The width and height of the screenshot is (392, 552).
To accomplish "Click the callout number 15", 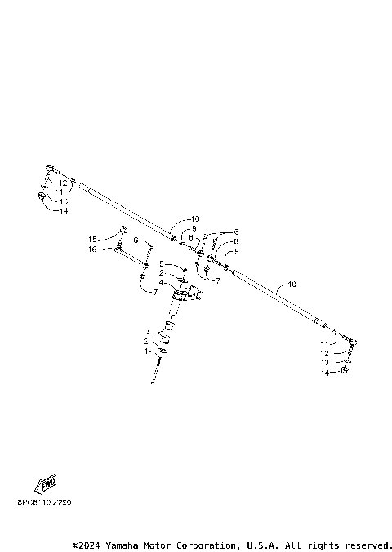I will (92, 239).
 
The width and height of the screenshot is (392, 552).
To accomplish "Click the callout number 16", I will (92, 250).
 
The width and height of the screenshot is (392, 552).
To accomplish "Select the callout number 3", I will (147, 331).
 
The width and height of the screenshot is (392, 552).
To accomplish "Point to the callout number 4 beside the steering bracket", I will (161, 283).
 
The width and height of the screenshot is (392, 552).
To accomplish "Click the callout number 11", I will (324, 345).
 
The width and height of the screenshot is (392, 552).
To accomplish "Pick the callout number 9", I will (194, 229).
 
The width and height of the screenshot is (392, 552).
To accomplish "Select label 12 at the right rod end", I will (324, 353).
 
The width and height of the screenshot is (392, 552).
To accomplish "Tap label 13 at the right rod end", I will (324, 362).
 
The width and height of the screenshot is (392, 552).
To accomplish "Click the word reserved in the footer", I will (369, 545).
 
